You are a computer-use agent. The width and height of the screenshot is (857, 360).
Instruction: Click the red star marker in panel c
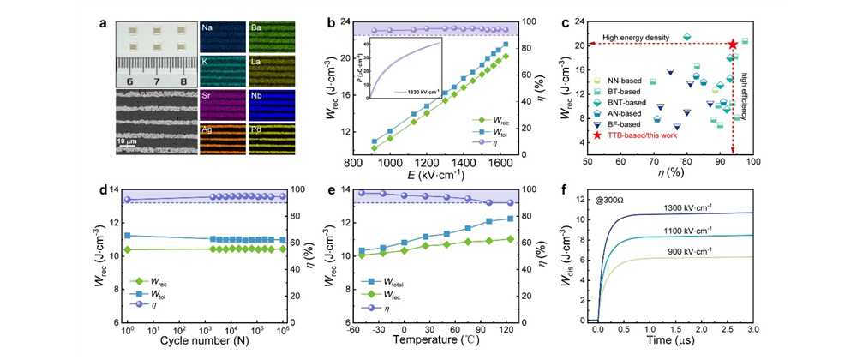click(x=733, y=44)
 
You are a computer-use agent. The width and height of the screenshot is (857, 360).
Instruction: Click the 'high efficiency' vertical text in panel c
click(x=743, y=99)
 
